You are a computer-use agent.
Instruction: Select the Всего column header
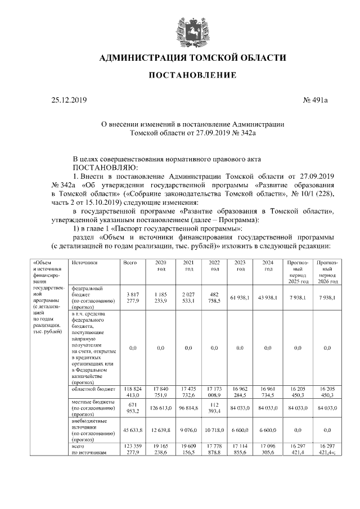pos(130,263)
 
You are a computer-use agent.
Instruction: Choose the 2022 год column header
pos(214,265)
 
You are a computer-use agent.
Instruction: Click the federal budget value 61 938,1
pos(240,298)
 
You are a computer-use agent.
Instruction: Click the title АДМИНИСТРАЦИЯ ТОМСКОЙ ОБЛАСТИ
pos(192,58)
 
